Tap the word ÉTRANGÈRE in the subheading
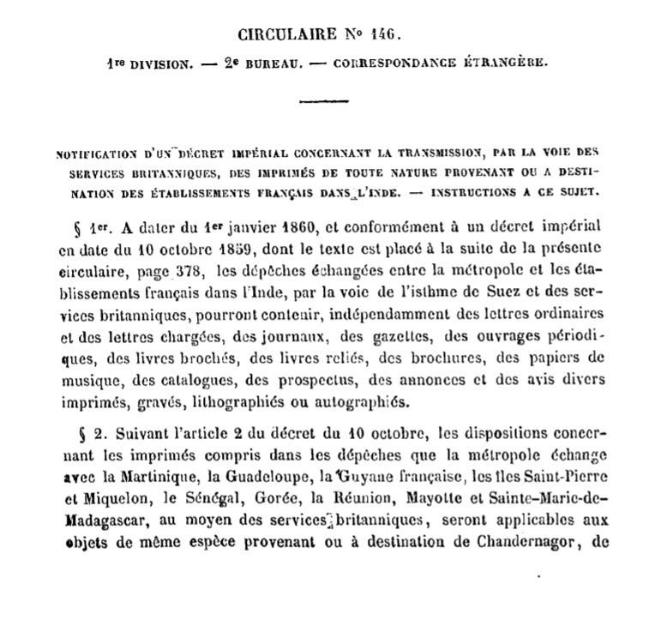(x=507, y=63)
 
